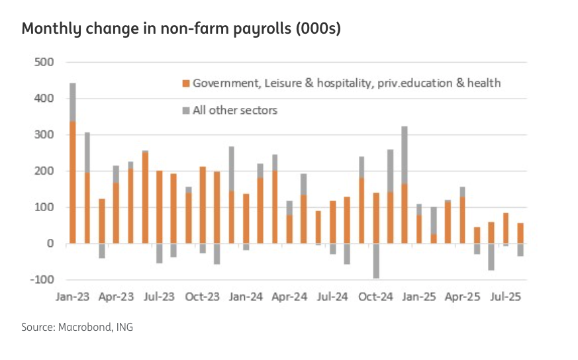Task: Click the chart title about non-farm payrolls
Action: (x=181, y=30)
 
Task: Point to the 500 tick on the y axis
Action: (x=44, y=63)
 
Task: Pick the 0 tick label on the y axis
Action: (x=49, y=244)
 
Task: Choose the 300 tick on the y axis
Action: (x=44, y=135)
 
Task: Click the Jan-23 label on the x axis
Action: (x=73, y=297)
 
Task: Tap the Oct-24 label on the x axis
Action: (x=376, y=297)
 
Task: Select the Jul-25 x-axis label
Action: (x=505, y=297)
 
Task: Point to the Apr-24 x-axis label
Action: (x=289, y=297)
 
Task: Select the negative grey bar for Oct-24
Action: (x=376, y=261)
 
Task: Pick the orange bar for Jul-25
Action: (x=506, y=228)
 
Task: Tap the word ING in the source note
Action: (x=124, y=327)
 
